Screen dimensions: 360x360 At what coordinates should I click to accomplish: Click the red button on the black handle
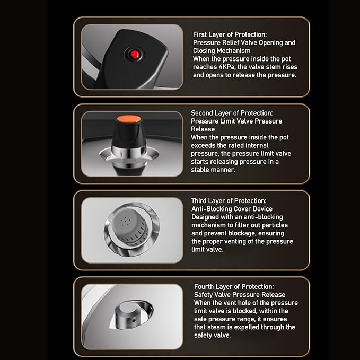(135, 55)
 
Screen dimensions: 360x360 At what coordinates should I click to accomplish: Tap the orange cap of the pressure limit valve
(128, 119)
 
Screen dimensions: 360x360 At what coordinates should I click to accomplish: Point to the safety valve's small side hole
(134, 320)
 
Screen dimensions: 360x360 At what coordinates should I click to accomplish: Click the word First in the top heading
(200, 34)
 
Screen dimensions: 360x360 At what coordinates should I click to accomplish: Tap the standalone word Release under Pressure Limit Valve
(203, 129)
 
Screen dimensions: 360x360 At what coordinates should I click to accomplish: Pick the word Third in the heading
(199, 200)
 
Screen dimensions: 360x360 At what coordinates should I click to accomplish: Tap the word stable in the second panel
(200, 170)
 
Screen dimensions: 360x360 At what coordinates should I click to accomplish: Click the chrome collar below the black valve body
(128, 152)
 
